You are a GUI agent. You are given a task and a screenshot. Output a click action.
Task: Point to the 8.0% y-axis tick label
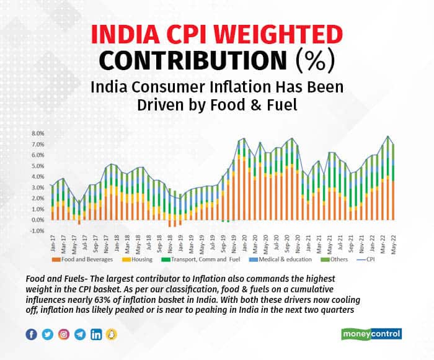point(37,133)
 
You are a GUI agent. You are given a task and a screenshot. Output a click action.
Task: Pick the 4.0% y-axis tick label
point(37,176)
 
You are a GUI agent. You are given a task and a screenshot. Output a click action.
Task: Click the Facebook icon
point(32,335)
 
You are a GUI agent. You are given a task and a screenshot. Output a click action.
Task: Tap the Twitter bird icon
point(48,335)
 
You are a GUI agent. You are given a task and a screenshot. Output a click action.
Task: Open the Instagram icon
point(64,335)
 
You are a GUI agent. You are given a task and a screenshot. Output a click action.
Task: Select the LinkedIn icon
point(96,335)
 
